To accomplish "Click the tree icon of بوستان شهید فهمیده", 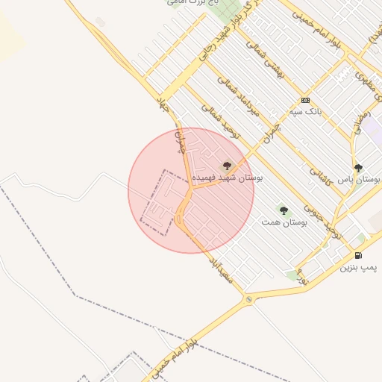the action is (x=227, y=166).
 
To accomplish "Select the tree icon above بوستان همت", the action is (x=283, y=210).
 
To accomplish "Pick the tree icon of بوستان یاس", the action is (x=359, y=168).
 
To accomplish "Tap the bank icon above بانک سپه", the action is (x=305, y=100).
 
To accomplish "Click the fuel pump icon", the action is (x=359, y=255).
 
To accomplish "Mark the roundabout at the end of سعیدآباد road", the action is (x=248, y=300).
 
